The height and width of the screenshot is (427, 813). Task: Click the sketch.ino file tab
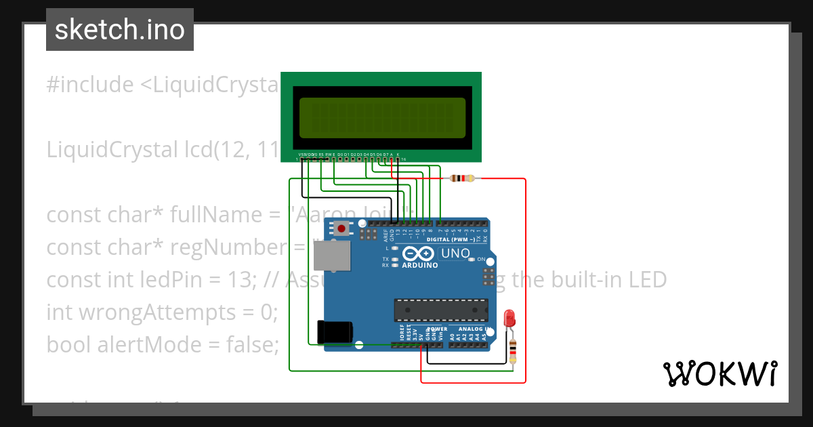coord(120,30)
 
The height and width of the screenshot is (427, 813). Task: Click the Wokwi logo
coord(720,373)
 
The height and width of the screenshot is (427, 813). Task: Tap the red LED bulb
coord(510,317)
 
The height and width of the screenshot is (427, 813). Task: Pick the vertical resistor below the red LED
coord(512,350)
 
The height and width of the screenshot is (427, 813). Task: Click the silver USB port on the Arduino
coord(332,257)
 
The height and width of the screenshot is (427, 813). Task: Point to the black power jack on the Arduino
coord(335,331)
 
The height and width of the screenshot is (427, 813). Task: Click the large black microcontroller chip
coord(441,310)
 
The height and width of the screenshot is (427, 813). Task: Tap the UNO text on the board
coord(456,253)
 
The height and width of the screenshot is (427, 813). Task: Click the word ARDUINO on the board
coord(420,265)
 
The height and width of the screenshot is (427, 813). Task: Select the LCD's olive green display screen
coord(382,117)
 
